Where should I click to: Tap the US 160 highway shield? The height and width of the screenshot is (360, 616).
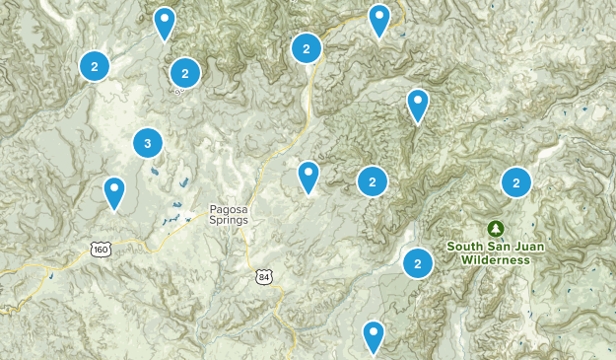[x=100, y=250]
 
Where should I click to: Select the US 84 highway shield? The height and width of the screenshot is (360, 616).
[x=260, y=275]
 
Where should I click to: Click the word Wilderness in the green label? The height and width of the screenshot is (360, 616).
[x=495, y=260]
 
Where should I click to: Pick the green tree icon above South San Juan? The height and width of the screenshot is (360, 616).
[x=495, y=228]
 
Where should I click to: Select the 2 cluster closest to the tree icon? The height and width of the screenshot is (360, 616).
[x=515, y=181]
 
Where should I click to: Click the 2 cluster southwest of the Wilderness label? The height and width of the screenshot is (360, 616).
[x=418, y=262]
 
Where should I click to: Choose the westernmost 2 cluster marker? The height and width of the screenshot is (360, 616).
[x=94, y=66]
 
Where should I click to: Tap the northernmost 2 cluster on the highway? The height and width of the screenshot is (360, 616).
[x=307, y=47]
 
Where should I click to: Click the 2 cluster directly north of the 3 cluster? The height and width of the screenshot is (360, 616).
[x=184, y=72]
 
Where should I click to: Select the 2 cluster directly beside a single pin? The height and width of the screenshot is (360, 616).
[x=372, y=180]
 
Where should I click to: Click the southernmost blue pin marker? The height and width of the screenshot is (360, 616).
[x=373, y=335]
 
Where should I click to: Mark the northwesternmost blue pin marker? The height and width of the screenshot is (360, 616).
[x=165, y=21]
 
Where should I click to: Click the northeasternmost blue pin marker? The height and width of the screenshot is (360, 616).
[x=378, y=19]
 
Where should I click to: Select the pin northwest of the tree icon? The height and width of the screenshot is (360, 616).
[x=418, y=104]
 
